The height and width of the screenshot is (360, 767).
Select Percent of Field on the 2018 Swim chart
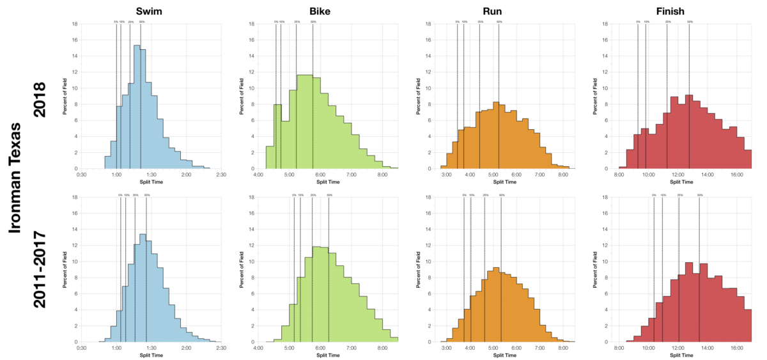click(65, 97)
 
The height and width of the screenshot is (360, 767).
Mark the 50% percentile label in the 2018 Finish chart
click(689, 22)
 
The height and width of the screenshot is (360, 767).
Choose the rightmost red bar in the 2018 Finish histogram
click(748, 159)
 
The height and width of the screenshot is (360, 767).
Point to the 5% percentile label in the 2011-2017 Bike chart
click(293, 195)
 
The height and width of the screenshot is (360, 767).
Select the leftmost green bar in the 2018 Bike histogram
click(270, 157)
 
